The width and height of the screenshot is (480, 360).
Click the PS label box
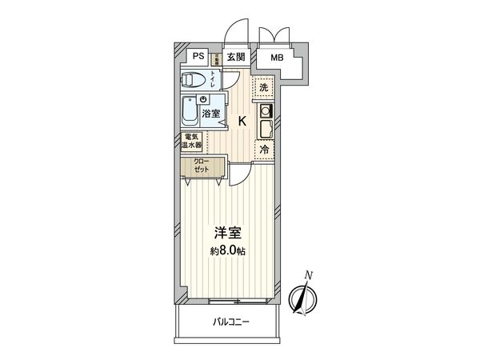pos(197,57)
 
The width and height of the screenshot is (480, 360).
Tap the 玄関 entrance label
pos(234,57)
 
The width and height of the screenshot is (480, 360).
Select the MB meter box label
pos(276,58)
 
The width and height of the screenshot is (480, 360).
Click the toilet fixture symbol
pos(193,81)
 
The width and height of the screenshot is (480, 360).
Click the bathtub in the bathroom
pos(190,111)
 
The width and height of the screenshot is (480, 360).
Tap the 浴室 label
pos(210,114)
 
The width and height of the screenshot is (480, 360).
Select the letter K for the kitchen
pos(242,121)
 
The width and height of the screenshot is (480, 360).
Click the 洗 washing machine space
pos(264,86)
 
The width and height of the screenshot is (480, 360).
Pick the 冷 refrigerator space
pos(264,150)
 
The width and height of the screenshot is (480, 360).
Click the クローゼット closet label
pos(200,166)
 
